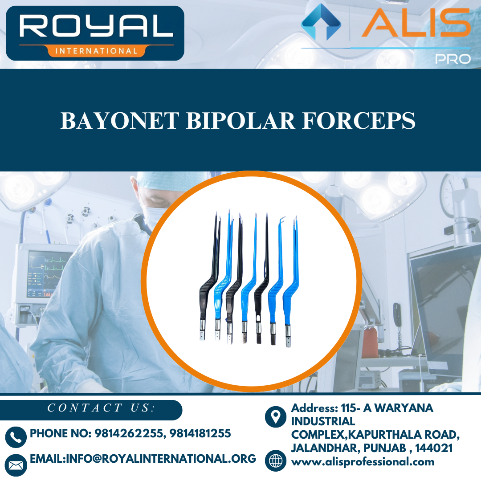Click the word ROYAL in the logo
coord(96,26)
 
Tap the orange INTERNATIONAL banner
coord(96,51)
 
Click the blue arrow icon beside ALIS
coord(321,22)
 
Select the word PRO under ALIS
coord(453,59)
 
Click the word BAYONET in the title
coord(120,121)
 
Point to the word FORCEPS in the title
coord(359,121)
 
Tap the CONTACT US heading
coord(101,408)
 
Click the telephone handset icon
coord(16,437)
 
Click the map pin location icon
coord(276,416)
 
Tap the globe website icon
coord(276,461)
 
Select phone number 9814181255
coord(200,433)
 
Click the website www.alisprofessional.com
coord(363,462)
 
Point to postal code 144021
coord(434,448)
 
